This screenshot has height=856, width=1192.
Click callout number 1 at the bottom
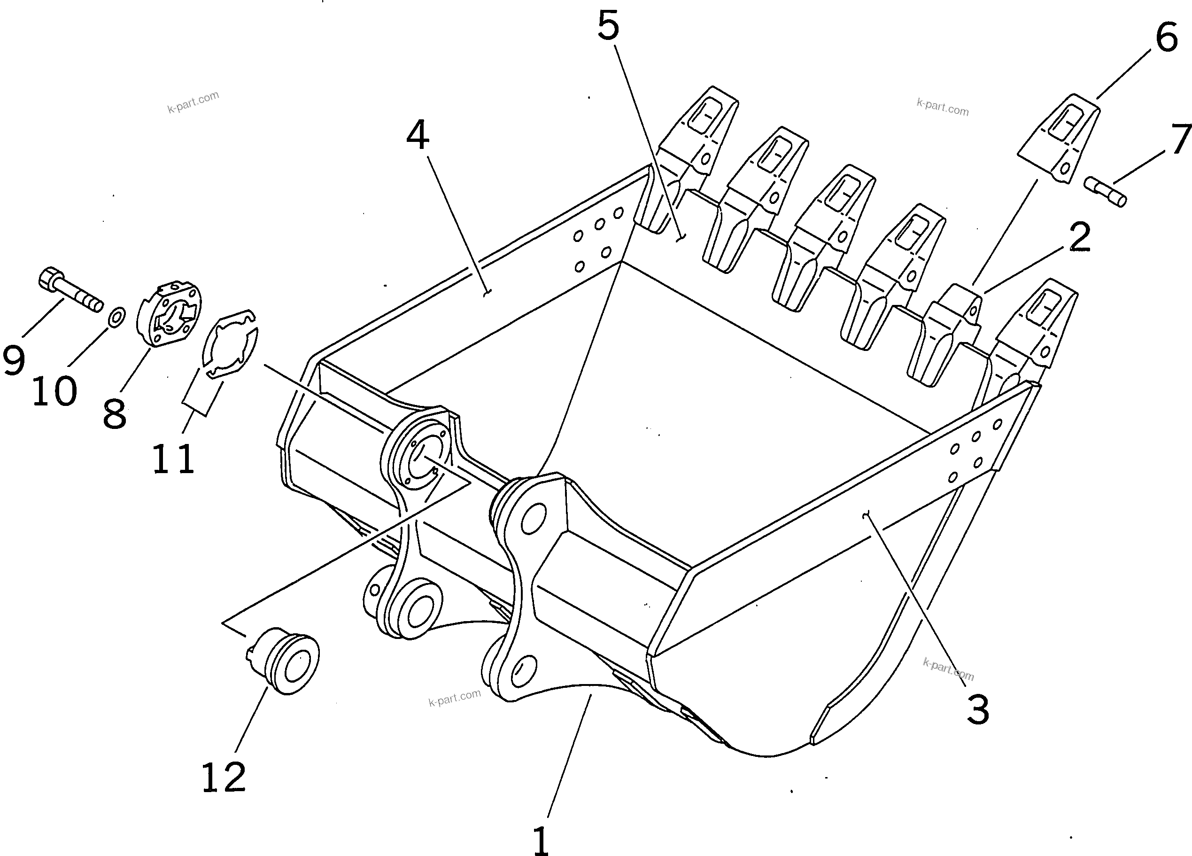coord(541,840)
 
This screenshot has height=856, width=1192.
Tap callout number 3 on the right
coord(978,709)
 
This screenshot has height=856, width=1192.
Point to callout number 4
coord(418,135)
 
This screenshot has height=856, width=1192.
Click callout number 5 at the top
coord(608,26)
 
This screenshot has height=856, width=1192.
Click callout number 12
coord(224,777)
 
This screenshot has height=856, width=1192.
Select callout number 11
coord(173,459)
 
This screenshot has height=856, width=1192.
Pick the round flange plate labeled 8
coord(169,314)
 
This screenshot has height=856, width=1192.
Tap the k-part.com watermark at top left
coord(193,102)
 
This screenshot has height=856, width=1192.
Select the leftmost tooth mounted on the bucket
coord(683,158)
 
